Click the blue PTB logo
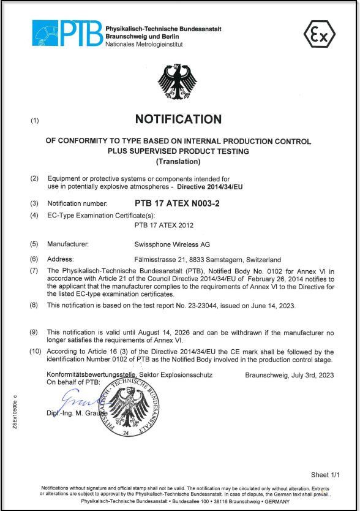coord(67,34)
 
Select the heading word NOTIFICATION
coord(178,119)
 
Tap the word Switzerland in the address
coord(262,259)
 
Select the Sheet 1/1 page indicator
coord(325,475)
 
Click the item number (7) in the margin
coord(35,270)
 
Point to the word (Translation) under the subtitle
coord(178,162)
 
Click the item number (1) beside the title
coord(35,121)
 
